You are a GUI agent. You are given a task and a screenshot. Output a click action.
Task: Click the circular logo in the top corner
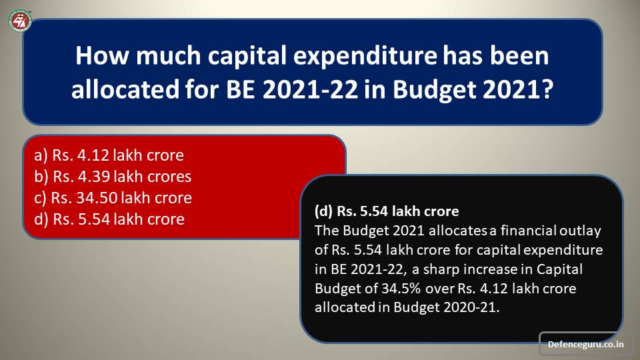click(19, 21)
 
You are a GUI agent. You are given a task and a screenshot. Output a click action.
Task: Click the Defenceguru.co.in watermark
click(585, 344)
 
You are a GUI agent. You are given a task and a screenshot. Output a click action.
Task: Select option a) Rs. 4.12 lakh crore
click(109, 155)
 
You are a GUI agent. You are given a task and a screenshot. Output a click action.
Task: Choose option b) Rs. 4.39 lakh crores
click(113, 176)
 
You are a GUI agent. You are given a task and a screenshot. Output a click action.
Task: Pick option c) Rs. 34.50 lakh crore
click(113, 197)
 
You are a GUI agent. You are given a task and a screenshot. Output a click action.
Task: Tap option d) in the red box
click(109, 219)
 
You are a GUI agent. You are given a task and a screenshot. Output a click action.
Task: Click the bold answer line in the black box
click(387, 211)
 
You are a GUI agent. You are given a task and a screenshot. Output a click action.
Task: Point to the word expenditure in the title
click(365, 55)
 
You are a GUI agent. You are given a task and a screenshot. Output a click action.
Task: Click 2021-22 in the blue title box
click(310, 89)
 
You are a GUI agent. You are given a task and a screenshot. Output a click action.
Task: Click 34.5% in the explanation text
click(401, 289)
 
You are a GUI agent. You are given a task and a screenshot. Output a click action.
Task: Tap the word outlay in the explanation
click(580, 231)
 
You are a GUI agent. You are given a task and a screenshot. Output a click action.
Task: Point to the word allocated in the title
click(125, 89)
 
